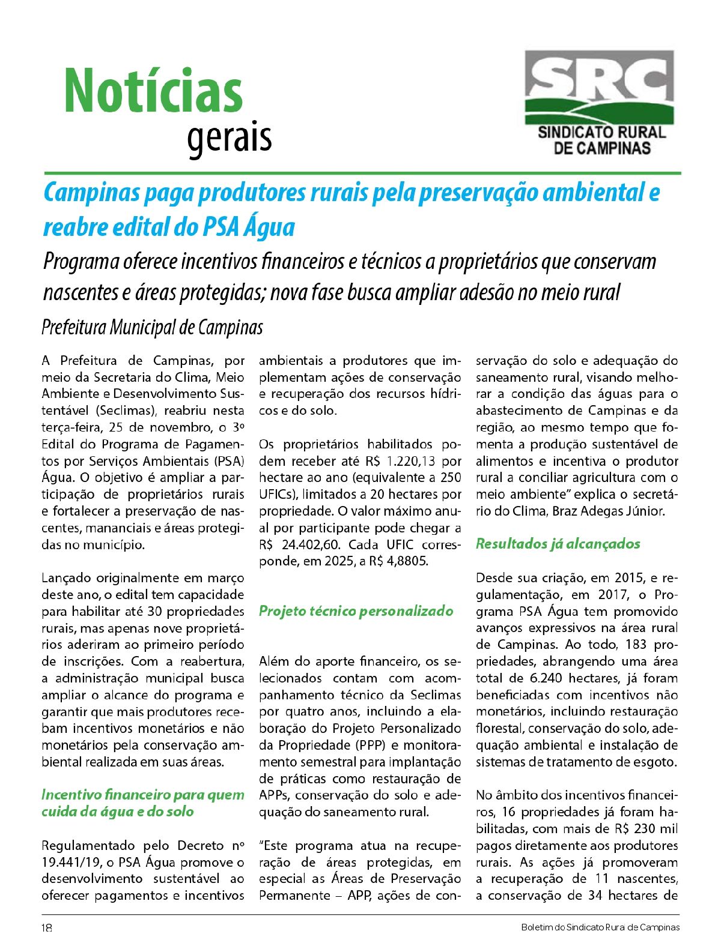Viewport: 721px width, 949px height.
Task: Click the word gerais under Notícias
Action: [x=229, y=138]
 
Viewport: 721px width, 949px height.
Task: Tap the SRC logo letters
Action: [x=599, y=77]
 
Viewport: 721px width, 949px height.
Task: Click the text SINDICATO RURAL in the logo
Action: [x=601, y=132]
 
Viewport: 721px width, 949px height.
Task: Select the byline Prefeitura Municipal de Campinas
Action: [x=152, y=328]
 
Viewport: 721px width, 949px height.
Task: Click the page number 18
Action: [x=47, y=927]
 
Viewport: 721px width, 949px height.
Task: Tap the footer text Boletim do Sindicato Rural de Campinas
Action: [x=600, y=927]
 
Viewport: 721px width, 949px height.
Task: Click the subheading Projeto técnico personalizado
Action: [x=356, y=611]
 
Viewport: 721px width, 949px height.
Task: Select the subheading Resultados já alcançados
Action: [x=558, y=544]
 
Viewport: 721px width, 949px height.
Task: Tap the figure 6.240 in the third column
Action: [x=547, y=678]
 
